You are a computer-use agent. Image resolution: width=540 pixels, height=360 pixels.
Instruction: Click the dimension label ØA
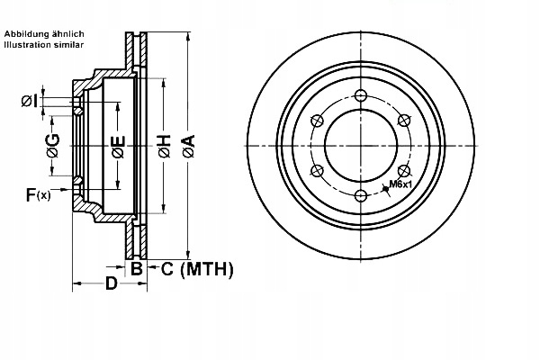tap(187, 145)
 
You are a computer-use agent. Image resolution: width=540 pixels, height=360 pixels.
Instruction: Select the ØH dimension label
tap(164, 145)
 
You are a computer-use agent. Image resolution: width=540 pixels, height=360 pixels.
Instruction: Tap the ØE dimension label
tap(118, 145)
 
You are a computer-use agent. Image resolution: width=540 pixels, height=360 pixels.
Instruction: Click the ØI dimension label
tap(30, 101)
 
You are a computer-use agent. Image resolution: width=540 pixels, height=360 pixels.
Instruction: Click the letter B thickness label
tap(137, 268)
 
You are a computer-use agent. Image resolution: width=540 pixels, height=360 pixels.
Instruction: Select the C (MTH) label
tap(197, 268)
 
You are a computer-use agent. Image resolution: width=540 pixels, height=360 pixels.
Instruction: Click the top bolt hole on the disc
tap(360, 97)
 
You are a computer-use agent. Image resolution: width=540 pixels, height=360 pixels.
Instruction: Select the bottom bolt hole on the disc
tap(360, 195)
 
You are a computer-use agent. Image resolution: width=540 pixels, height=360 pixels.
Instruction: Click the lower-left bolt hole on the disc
tap(318, 171)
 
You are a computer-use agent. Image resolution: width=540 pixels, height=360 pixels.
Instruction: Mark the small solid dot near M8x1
tap(385, 186)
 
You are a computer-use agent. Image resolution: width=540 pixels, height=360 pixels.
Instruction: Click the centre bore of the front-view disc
tap(360, 146)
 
